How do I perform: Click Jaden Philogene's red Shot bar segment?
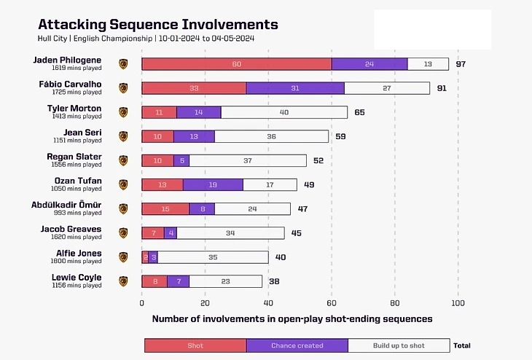pyautogui.click(x=237, y=64)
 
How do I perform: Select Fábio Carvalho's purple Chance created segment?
pyautogui.click(x=295, y=88)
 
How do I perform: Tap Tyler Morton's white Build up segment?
pyautogui.click(x=284, y=112)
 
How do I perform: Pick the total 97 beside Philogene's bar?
pyautogui.click(x=461, y=64)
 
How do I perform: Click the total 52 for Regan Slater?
pyautogui.click(x=318, y=160)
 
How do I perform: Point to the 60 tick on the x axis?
pyautogui.click(x=332, y=302)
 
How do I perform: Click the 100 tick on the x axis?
pyautogui.click(x=458, y=302)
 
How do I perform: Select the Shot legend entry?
pyautogui.click(x=195, y=345)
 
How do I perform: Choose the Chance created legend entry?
pyautogui.click(x=297, y=345)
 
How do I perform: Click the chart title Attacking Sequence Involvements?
pyautogui.click(x=157, y=25)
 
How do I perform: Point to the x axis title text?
pyautogui.click(x=292, y=318)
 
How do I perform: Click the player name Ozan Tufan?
pyautogui.click(x=78, y=181)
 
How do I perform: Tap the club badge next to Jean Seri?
pyautogui.click(x=123, y=136)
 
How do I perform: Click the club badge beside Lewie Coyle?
pyautogui.click(x=123, y=281)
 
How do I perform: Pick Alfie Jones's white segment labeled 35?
pyautogui.click(x=213, y=257)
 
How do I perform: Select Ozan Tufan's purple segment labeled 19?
pyautogui.click(x=213, y=184)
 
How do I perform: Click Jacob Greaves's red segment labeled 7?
pyautogui.click(x=153, y=233)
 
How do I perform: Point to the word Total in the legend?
pyautogui.click(x=462, y=345)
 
